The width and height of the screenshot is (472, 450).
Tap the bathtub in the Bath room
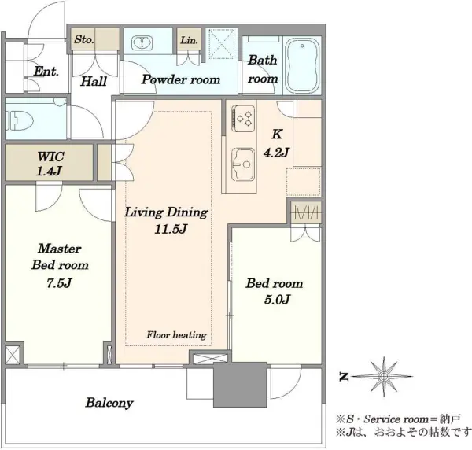coord(302,65)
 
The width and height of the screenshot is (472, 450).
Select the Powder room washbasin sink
coord(142,42)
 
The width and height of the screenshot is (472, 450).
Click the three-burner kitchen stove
coord(243,118)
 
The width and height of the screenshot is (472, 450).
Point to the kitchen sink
coord(242,164)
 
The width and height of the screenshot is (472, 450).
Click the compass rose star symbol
coord(383,376)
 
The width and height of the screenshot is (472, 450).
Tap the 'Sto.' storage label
coord(84,39)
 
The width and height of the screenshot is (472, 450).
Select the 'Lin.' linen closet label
coord(189,40)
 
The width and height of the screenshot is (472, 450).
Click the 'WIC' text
coord(50,157)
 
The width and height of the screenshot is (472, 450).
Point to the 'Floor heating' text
coord(176,335)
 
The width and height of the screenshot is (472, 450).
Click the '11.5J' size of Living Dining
coord(171,230)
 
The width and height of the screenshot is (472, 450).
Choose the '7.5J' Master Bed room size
coord(59,283)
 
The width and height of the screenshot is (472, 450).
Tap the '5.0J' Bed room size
coord(277,300)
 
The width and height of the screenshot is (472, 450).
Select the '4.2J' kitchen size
coord(276,153)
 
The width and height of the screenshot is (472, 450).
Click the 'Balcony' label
coord(109,403)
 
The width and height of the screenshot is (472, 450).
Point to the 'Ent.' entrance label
coord(46,72)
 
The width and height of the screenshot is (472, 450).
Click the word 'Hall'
coord(94,81)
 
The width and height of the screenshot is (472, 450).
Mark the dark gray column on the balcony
coord(240,385)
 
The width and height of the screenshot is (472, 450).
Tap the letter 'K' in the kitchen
coord(277,135)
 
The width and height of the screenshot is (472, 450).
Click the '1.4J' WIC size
coord(49,172)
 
